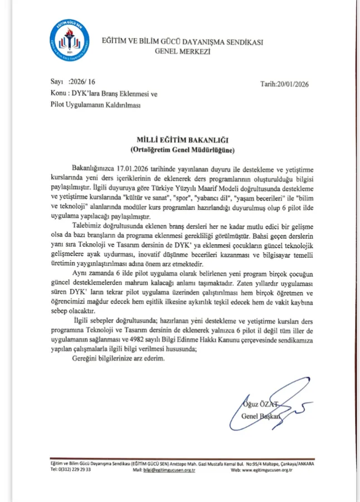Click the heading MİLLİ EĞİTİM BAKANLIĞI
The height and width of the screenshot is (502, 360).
click(x=180, y=141)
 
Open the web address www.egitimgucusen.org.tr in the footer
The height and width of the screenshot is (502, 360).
click(x=275, y=470)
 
